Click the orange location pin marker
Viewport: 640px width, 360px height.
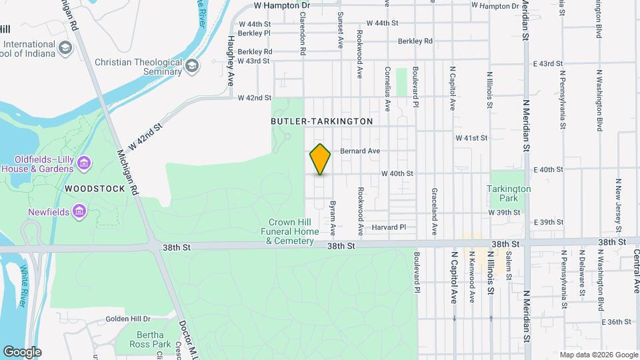click(x=320, y=159)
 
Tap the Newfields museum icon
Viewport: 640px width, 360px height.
click(x=80, y=212)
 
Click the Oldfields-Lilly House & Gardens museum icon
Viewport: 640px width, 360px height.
click(x=83, y=163)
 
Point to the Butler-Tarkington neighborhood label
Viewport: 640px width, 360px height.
click(x=322, y=121)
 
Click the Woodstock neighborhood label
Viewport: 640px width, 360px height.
click(x=95, y=189)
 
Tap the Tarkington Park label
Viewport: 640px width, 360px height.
click(x=509, y=193)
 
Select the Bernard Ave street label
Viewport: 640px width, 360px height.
click(x=360, y=151)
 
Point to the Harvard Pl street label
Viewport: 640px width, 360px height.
click(x=389, y=227)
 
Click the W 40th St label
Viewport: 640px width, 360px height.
click(x=397, y=173)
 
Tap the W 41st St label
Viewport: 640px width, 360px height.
click(x=471, y=138)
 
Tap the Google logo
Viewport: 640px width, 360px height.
click(x=22, y=352)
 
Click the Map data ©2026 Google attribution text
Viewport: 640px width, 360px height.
click(x=598, y=355)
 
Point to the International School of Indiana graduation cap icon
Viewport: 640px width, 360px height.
click(x=65, y=47)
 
